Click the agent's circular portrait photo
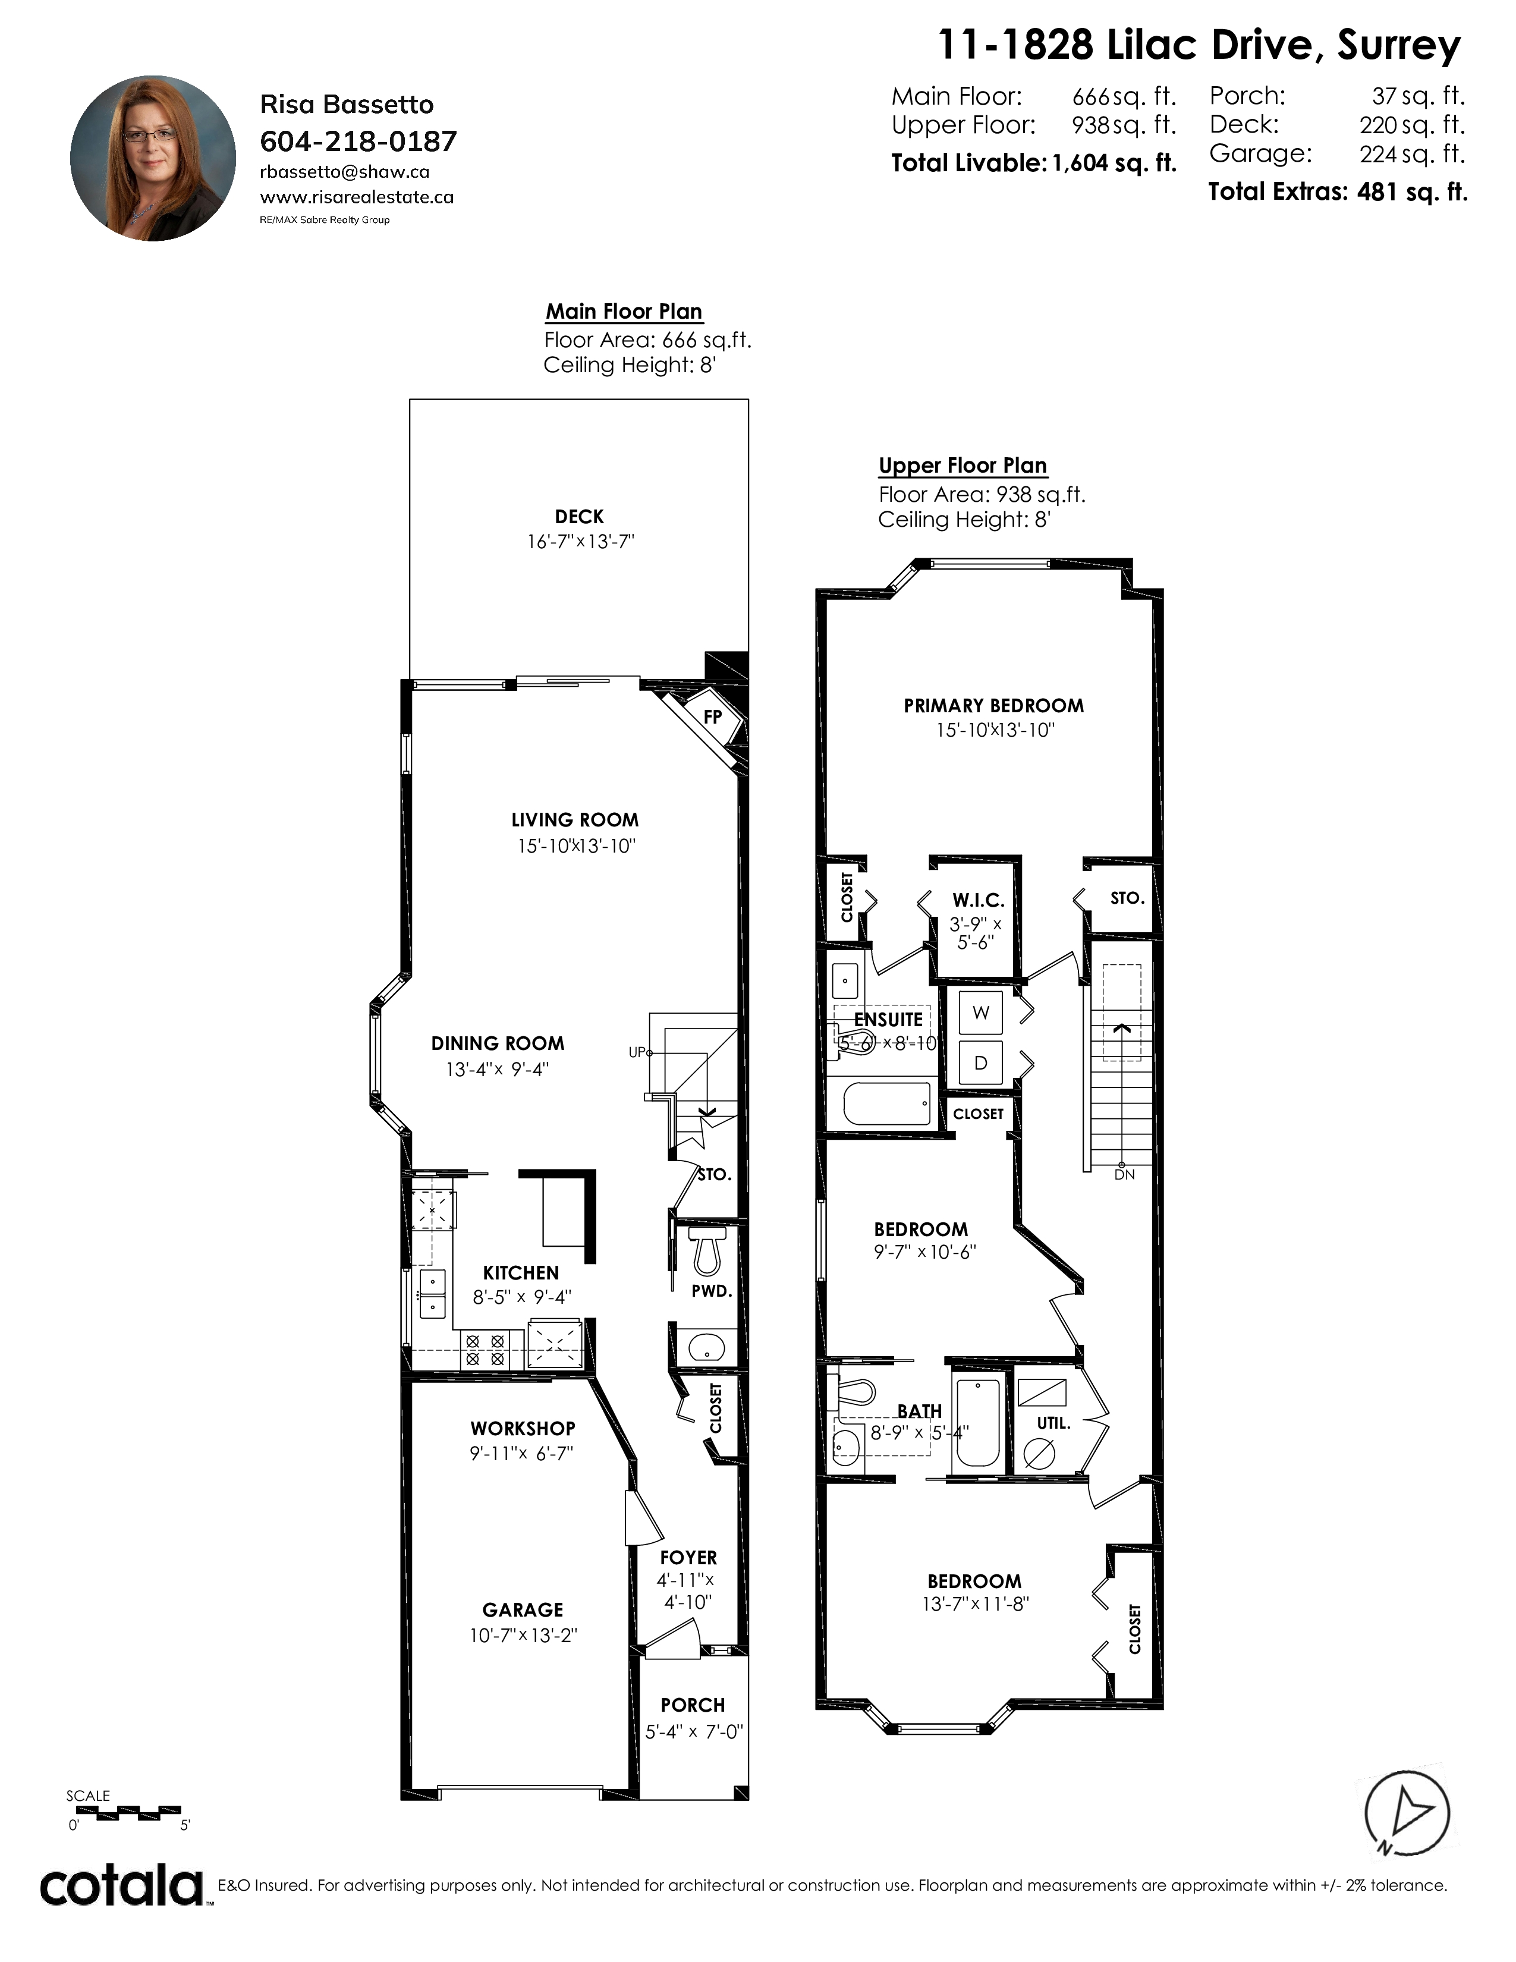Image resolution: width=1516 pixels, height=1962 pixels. (153, 158)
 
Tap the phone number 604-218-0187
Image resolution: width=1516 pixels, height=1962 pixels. (358, 141)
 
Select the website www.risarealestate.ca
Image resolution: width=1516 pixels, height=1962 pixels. (357, 197)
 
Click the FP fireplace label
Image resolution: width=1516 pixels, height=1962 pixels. (712, 717)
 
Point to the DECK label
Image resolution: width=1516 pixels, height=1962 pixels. (579, 517)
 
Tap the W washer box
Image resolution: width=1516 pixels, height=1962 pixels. (981, 1013)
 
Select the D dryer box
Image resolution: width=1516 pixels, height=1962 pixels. (981, 1063)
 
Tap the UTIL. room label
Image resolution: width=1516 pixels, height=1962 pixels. (1053, 1423)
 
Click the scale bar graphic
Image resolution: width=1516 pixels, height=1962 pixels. (125, 1812)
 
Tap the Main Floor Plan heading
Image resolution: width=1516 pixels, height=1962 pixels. (624, 312)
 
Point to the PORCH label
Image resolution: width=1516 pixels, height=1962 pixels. (693, 1705)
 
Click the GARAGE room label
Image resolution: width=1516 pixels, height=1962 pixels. (523, 1610)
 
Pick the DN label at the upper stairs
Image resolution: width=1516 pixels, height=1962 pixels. (1124, 1174)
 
